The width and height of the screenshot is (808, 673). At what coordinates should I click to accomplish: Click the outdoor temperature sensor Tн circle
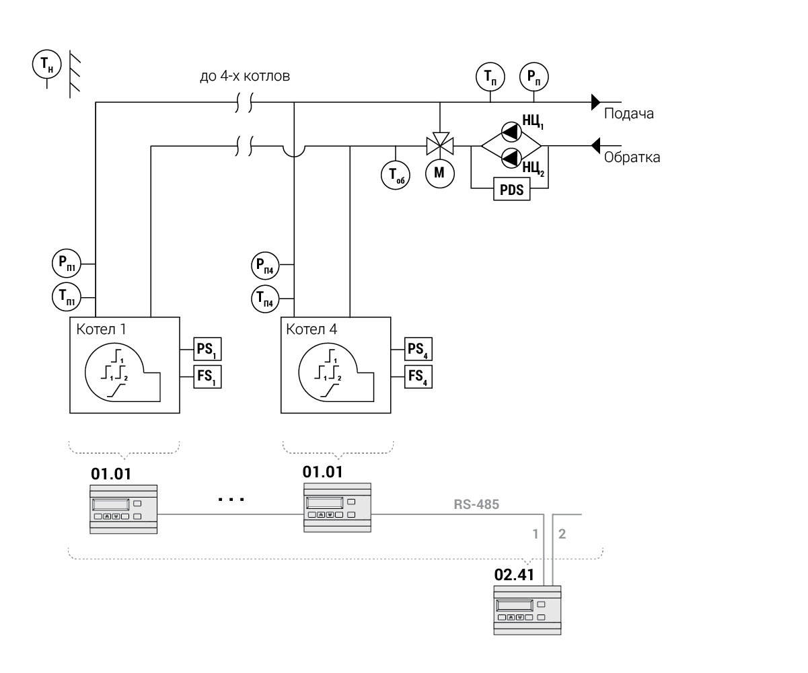(46, 65)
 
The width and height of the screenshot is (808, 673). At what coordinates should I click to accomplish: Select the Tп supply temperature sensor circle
(490, 77)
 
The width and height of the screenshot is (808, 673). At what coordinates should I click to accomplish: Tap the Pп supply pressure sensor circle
(534, 77)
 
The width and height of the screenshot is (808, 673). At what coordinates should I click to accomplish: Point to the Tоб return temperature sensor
(396, 175)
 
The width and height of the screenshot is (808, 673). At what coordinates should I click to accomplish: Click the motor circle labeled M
(439, 173)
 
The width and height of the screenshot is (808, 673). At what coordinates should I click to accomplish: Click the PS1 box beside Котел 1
(207, 350)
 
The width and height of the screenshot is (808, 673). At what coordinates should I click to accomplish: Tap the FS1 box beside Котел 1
(207, 377)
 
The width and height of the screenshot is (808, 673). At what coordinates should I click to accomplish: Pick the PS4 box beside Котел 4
(418, 350)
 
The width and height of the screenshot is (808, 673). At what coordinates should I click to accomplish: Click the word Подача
(628, 114)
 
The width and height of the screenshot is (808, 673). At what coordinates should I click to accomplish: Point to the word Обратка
(632, 158)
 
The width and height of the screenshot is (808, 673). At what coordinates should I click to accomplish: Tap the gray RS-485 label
(476, 504)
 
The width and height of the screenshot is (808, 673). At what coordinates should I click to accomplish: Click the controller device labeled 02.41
(527, 610)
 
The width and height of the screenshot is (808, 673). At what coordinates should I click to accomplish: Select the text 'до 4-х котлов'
(245, 77)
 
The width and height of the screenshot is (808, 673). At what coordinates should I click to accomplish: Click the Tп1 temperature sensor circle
(65, 296)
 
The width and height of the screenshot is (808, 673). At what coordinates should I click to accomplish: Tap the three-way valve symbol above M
(439, 144)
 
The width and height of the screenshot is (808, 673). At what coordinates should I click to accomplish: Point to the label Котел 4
(311, 329)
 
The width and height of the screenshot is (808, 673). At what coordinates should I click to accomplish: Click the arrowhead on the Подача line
(595, 102)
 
